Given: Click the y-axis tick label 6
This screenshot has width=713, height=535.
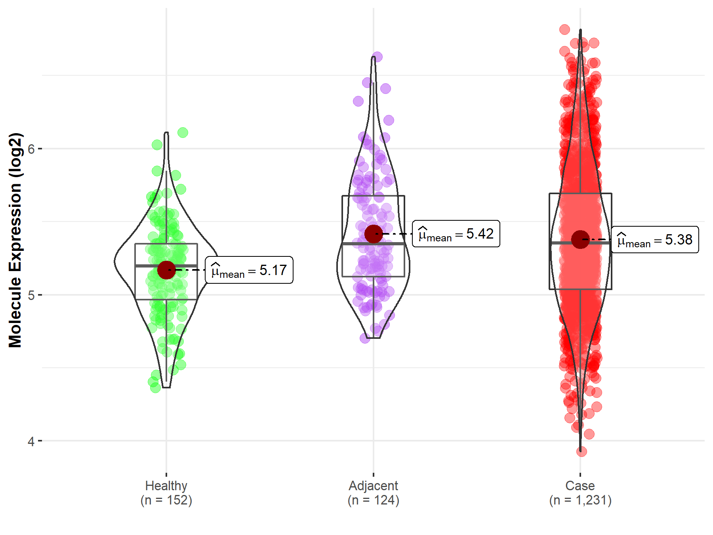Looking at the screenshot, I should click(x=31, y=149).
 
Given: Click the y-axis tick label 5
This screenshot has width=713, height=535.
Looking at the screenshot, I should click(x=31, y=295).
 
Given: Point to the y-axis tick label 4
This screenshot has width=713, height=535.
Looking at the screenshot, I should click(x=31, y=441).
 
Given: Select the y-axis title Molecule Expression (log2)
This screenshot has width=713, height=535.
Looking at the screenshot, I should click(x=15, y=240).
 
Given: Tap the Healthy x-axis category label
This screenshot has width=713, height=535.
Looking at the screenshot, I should click(x=166, y=485).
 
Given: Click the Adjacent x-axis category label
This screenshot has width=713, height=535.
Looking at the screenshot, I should click(x=373, y=485).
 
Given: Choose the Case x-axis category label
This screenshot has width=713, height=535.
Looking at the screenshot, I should click(x=580, y=485).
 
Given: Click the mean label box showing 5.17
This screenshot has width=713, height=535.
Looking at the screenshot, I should click(x=249, y=270).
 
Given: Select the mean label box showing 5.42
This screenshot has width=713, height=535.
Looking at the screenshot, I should click(x=456, y=234).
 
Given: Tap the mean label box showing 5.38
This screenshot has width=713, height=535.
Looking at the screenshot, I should click(x=655, y=240).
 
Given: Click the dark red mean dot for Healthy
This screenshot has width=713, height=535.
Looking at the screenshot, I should click(x=166, y=270).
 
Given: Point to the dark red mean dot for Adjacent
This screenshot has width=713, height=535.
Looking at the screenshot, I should click(x=374, y=234).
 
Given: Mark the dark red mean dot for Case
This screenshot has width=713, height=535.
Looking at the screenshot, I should click(x=580, y=239).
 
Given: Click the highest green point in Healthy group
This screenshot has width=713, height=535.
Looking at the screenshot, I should click(x=183, y=132).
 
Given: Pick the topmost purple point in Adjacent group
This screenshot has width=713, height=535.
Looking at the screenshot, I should click(x=377, y=57).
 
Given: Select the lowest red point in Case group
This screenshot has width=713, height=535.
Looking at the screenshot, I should click(x=581, y=451).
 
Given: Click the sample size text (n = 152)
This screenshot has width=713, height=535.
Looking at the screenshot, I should click(x=166, y=500).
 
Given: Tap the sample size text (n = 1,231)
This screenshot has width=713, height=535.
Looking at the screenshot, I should click(x=580, y=500).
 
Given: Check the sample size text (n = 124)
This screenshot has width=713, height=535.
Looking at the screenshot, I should click(x=373, y=500).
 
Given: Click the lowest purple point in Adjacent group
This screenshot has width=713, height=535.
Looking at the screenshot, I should click(x=365, y=338).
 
